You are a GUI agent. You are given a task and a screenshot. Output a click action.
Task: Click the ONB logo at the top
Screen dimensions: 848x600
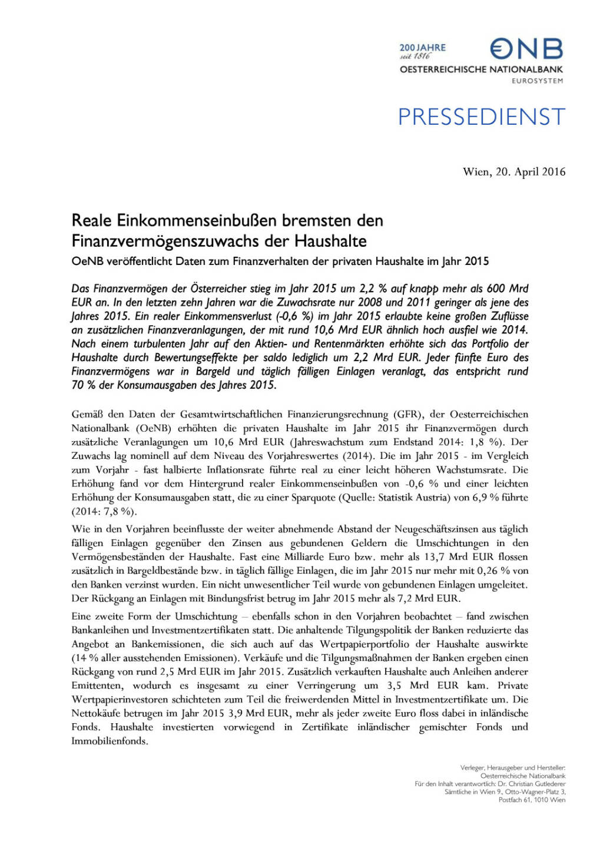(527, 49)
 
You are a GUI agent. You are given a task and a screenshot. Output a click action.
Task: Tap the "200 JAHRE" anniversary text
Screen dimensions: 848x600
(422, 47)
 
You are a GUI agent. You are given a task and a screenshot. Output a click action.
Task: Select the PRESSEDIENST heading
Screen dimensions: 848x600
(482, 117)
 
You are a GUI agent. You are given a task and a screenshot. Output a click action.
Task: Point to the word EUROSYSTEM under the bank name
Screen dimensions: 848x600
(537, 81)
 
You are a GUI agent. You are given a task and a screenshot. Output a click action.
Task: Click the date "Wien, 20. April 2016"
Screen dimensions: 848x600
(514, 172)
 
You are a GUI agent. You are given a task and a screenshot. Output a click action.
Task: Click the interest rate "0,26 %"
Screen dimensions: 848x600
(498, 571)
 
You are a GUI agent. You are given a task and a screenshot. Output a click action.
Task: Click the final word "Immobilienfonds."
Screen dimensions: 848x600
(110, 741)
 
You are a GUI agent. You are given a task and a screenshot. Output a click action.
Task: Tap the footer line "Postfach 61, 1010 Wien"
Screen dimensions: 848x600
(532, 800)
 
